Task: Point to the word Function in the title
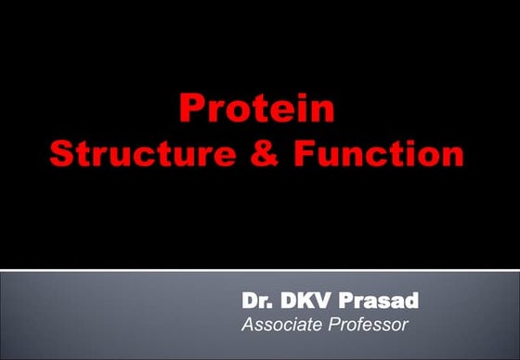(376, 153)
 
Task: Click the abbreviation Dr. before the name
(256, 302)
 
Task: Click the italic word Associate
(279, 325)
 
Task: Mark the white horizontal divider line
(260, 270)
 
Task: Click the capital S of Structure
(62, 153)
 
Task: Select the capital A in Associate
(248, 325)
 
